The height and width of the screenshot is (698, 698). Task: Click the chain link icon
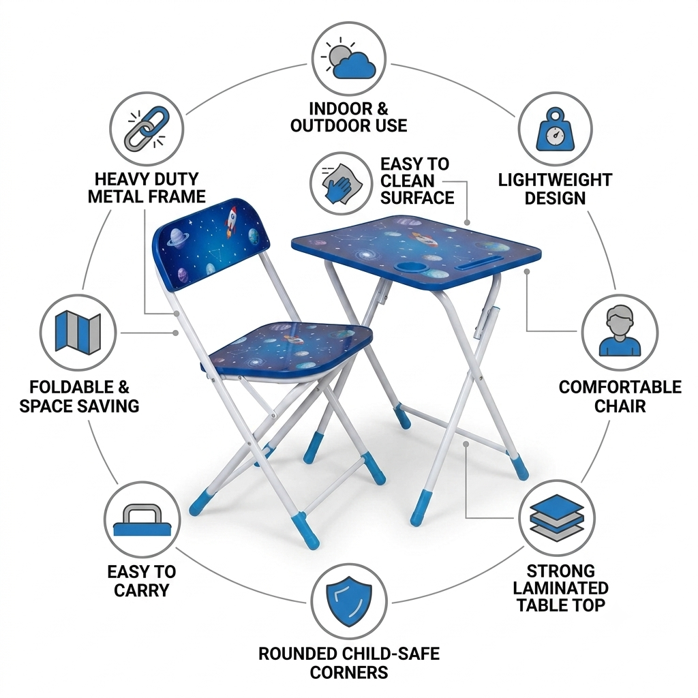[147, 128]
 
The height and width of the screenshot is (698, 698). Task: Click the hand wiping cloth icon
[341, 184]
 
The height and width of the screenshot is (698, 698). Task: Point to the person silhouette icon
[620, 331]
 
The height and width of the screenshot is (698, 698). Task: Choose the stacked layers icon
[557, 518]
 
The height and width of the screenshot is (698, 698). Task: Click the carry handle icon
[142, 520]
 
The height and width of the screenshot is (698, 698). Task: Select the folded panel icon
[78, 333]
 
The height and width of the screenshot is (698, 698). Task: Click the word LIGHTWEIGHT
[555, 180]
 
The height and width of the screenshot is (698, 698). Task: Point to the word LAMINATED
[560, 588]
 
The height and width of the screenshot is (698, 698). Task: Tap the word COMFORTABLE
[620, 387]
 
